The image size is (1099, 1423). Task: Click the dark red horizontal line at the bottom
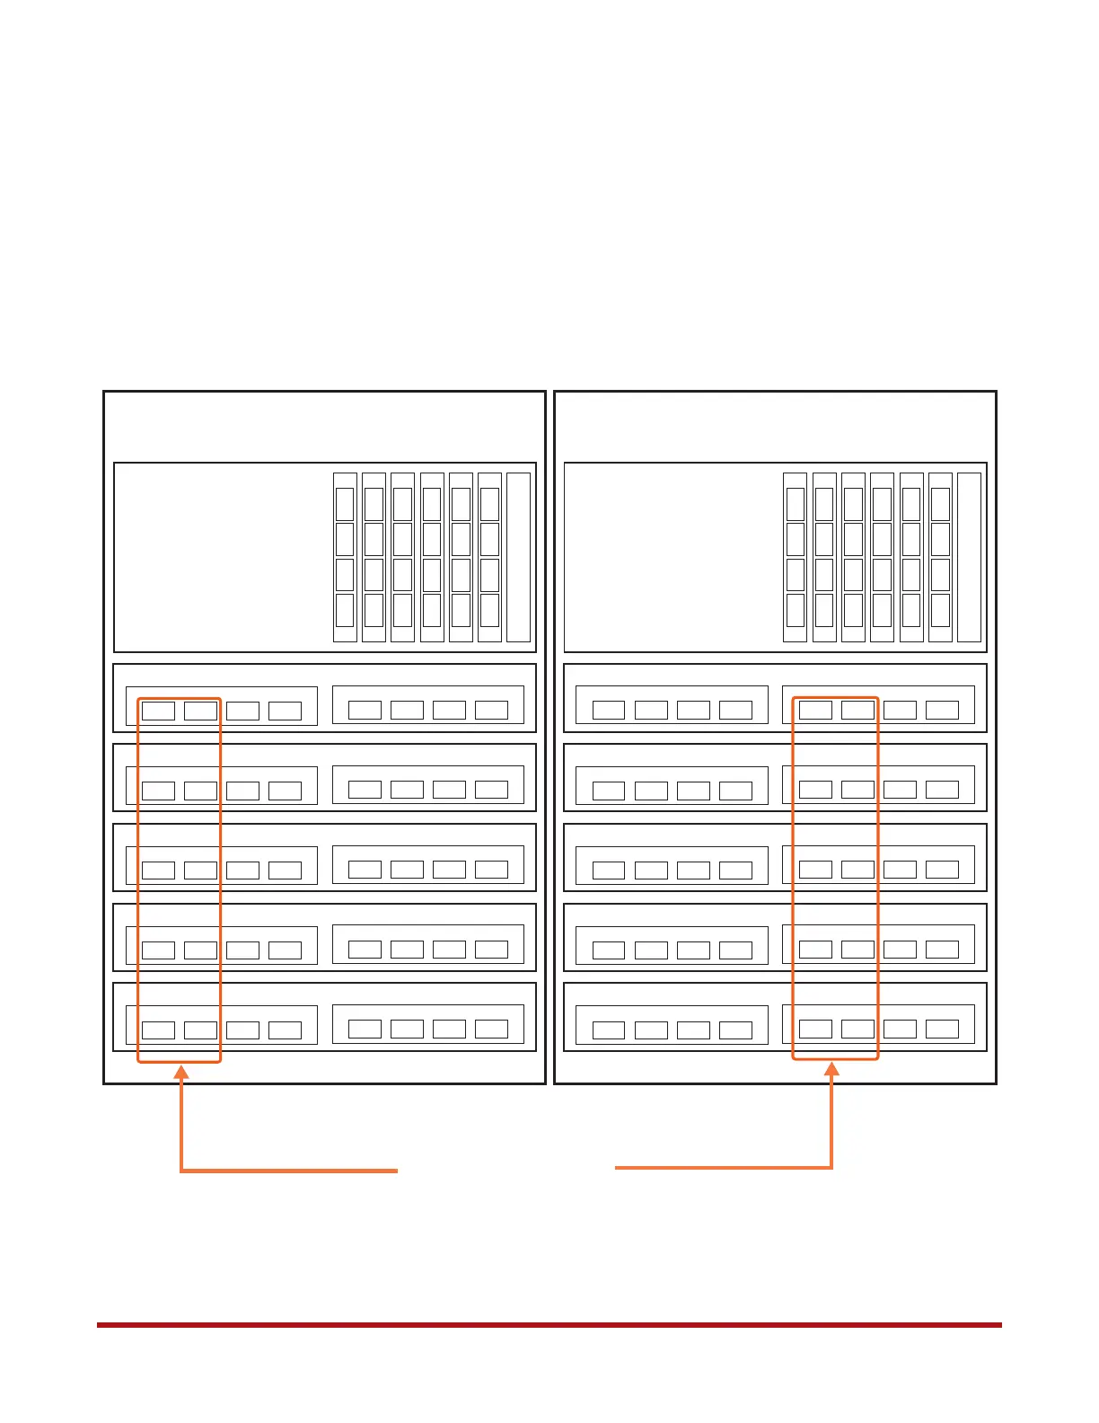tap(549, 1324)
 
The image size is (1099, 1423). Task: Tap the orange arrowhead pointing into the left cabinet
tap(181, 1072)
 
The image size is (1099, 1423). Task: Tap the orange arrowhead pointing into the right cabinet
tap(832, 1069)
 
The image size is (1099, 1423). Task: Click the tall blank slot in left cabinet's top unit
tap(518, 557)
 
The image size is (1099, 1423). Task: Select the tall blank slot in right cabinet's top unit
tap(969, 557)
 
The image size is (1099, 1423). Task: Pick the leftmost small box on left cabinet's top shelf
tap(159, 711)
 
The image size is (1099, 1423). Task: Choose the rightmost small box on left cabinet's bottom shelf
tap(491, 1029)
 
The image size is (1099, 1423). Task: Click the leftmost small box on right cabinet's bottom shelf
tap(609, 1030)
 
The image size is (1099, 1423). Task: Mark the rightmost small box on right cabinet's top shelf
tap(942, 710)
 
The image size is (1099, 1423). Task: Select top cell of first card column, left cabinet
tap(345, 505)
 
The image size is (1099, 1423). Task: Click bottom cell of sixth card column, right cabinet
tap(940, 610)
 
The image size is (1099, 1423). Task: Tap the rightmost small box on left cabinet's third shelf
tap(491, 869)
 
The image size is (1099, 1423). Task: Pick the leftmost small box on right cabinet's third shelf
tap(609, 871)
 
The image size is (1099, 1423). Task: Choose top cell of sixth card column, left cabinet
tap(489, 505)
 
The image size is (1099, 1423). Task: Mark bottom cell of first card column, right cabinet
tap(796, 610)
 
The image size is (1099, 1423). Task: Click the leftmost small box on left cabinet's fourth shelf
tap(159, 950)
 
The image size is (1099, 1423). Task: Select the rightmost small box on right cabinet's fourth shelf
tap(942, 949)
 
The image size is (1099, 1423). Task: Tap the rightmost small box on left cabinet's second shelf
tap(491, 790)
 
